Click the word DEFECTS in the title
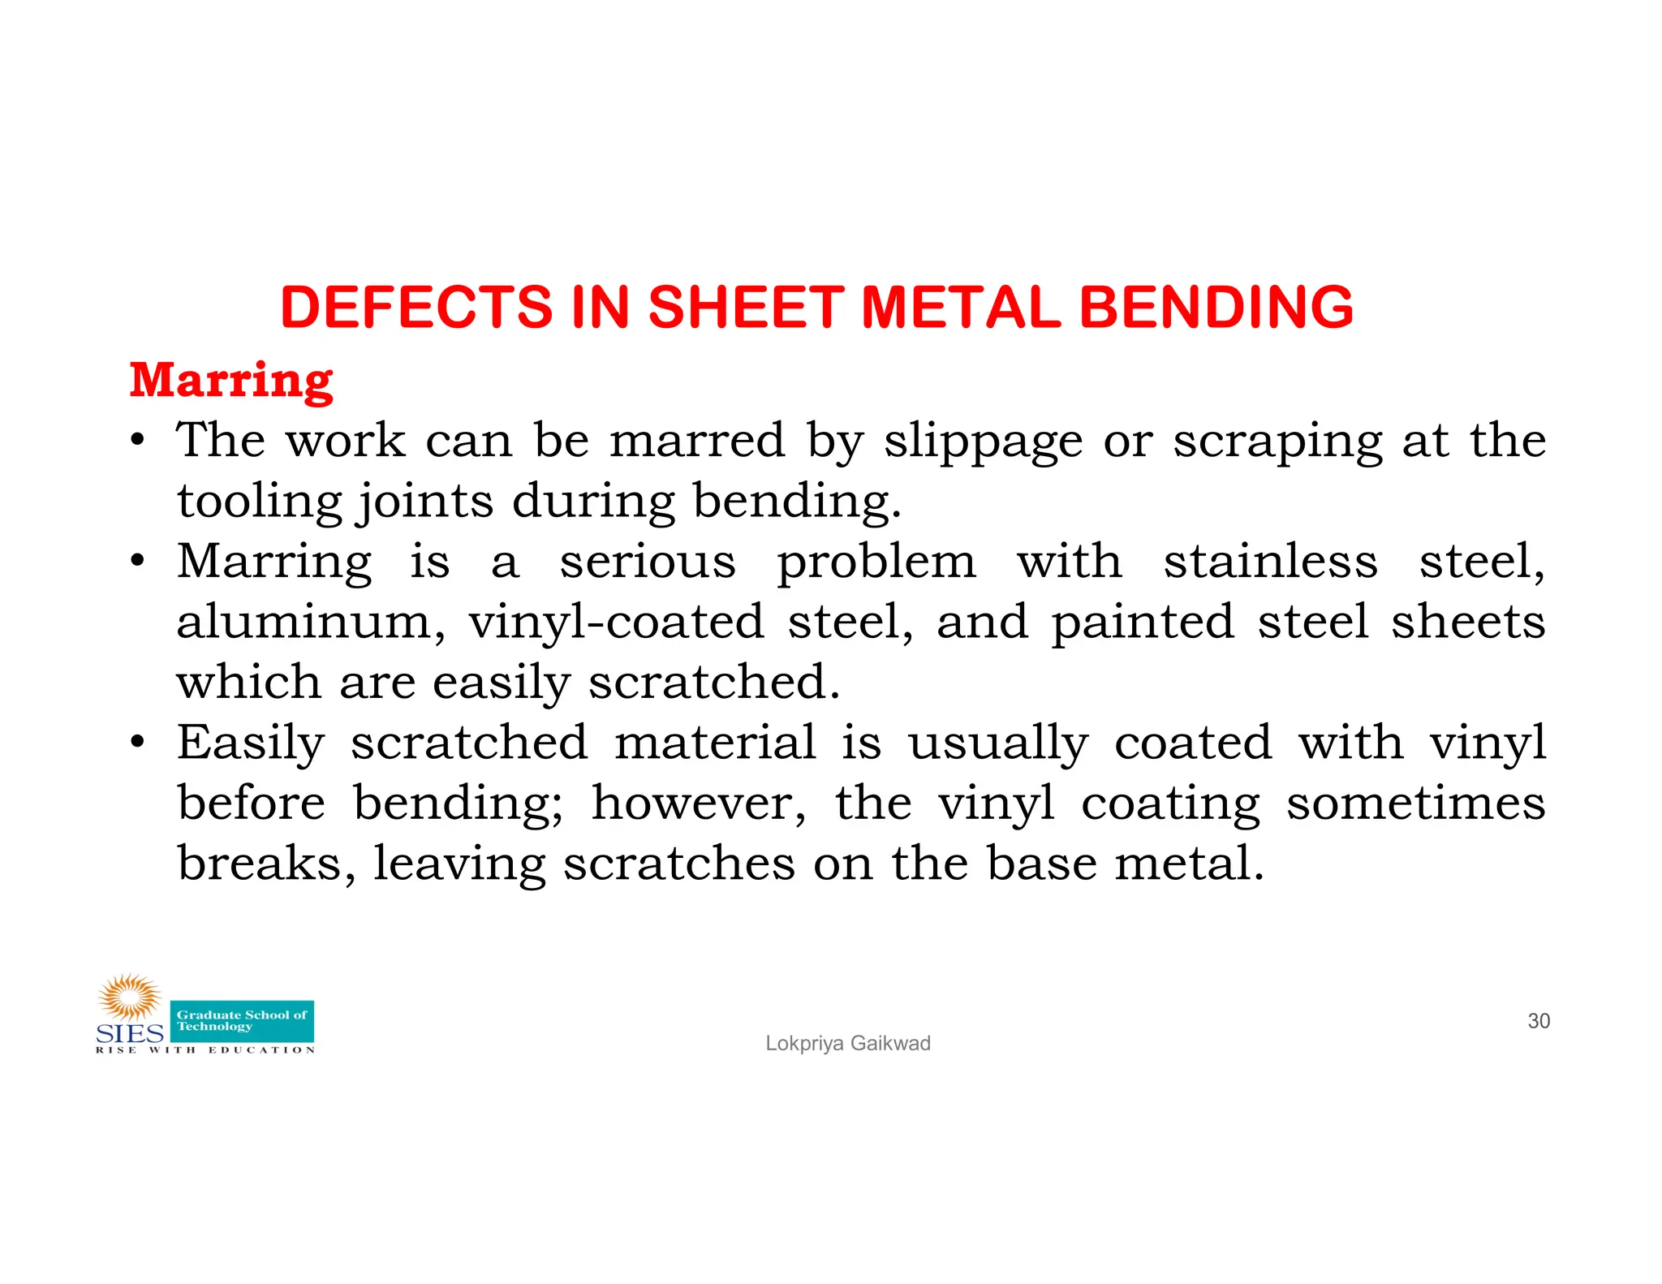click(416, 308)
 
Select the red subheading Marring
click(231, 381)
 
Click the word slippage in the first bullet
click(983, 442)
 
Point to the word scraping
click(1277, 442)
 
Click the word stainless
click(1270, 562)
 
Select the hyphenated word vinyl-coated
click(616, 623)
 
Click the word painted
click(1143, 623)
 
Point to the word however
click(699, 804)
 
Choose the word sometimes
click(1415, 804)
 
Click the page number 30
click(1539, 1021)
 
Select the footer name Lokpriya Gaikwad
click(848, 1044)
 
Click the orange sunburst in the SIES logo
click(129, 997)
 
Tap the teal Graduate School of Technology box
click(242, 1021)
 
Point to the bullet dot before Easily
click(139, 742)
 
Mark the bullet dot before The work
click(139, 441)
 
